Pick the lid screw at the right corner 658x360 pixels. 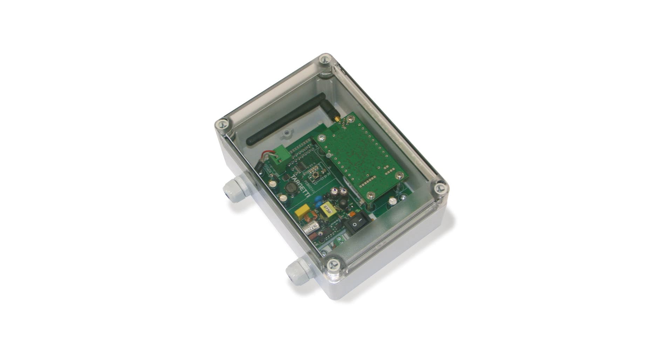pyautogui.click(x=440, y=189)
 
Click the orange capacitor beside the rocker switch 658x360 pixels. pyautogui.click(x=352, y=213)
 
